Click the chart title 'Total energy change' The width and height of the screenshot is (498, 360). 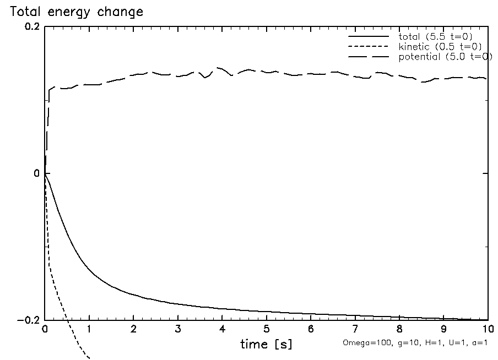tap(76, 12)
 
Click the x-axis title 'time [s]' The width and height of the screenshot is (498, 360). tap(266, 345)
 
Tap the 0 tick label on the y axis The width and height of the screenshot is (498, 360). tap(36, 173)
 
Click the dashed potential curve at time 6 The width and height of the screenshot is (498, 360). tap(311, 74)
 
